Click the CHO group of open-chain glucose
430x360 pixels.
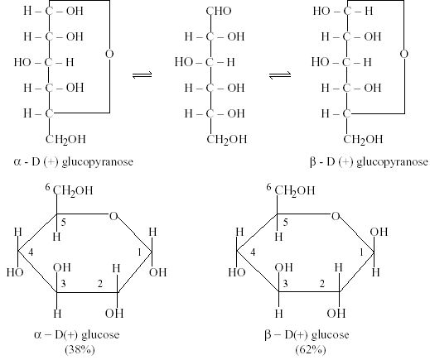(x=219, y=11)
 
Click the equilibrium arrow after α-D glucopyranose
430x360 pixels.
(x=142, y=74)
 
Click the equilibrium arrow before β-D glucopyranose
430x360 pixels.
(x=280, y=74)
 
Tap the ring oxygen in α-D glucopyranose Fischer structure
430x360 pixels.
(x=109, y=54)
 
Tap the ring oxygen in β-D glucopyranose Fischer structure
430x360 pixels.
(x=404, y=54)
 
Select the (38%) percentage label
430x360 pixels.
(x=80, y=350)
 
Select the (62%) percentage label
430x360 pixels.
(x=311, y=350)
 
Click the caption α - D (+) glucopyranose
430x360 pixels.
(x=73, y=161)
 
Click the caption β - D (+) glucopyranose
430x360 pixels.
(x=370, y=161)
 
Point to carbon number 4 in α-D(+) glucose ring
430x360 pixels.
(x=31, y=252)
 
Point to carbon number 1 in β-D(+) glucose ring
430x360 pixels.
(x=361, y=252)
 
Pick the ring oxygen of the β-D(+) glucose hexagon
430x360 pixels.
(x=336, y=216)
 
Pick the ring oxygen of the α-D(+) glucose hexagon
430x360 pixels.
(x=114, y=216)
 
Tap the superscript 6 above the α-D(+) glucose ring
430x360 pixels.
(x=48, y=188)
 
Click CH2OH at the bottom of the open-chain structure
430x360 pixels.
(x=227, y=139)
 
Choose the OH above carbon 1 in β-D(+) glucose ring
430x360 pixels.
(x=379, y=232)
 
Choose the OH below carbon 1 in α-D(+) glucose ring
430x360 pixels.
(x=158, y=272)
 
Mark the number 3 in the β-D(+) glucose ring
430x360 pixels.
(x=285, y=283)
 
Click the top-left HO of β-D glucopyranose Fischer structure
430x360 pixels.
(x=321, y=11)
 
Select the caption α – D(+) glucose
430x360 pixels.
(x=77, y=335)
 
